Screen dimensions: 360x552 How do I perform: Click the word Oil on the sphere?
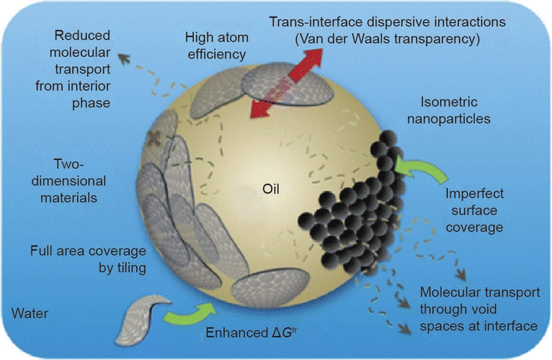(x=273, y=189)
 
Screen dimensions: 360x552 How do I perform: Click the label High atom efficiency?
(x=216, y=45)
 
